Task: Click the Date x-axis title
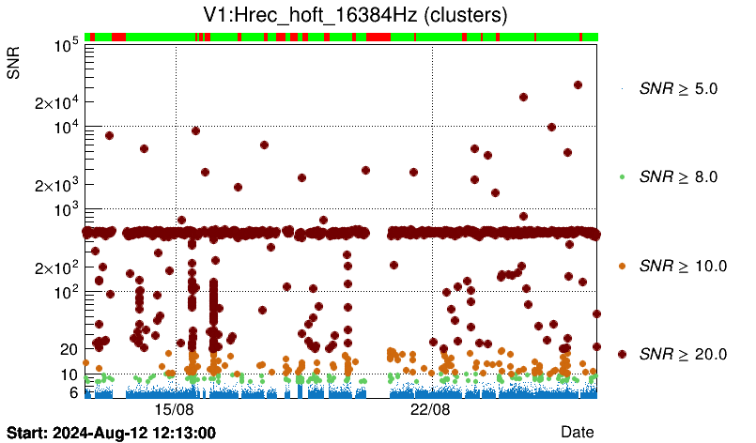tap(577, 431)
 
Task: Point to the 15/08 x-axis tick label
tap(175, 410)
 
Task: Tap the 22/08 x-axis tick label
tap(432, 410)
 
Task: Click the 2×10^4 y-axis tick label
tap(54, 103)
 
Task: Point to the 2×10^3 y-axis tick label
tap(54, 186)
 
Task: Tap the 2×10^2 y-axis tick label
tap(54, 268)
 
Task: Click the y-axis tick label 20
tap(68, 349)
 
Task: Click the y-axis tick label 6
tap(71, 392)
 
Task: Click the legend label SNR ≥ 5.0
tap(677, 89)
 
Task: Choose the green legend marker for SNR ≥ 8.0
tap(622, 176)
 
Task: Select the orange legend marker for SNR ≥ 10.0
tap(622, 266)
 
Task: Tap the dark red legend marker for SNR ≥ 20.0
tap(622, 354)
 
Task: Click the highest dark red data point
tap(578, 84)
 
